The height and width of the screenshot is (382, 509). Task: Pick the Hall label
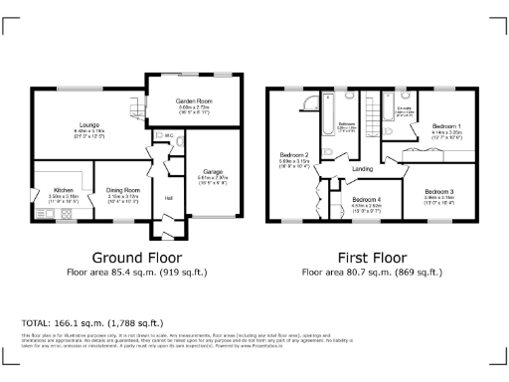pyautogui.click(x=168, y=198)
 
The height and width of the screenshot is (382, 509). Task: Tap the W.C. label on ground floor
pyautogui.click(x=170, y=135)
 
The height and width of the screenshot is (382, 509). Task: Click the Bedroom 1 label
pyautogui.click(x=446, y=126)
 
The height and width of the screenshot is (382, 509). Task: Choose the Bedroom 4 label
pyautogui.click(x=367, y=201)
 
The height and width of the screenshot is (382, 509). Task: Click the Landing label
pyautogui.click(x=363, y=169)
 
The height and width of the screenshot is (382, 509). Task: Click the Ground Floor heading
pyautogui.click(x=132, y=256)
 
